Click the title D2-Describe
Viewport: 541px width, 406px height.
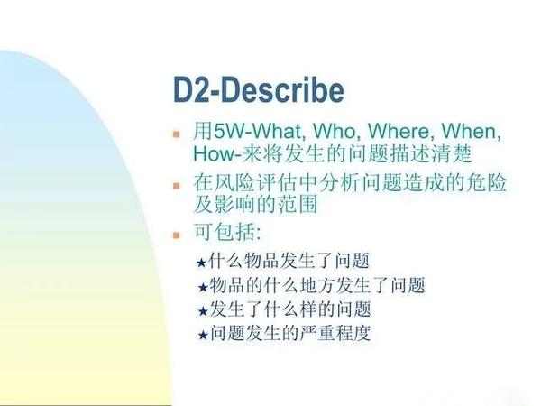pos(259,90)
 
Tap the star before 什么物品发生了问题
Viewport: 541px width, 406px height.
pos(202,263)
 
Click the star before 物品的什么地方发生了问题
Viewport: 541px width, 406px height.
pos(202,288)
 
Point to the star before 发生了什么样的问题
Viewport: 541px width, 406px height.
pos(202,311)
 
